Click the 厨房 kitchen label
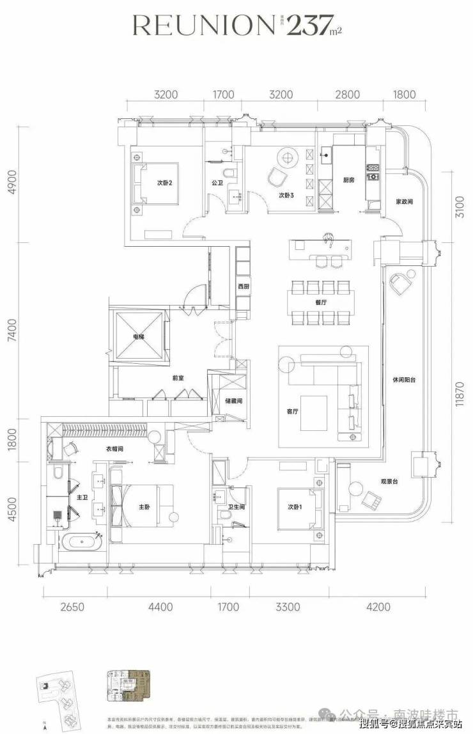(348, 181)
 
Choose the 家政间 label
(404, 201)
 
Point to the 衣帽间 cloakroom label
(114, 449)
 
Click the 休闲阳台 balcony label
(404, 379)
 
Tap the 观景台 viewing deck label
(390, 481)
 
